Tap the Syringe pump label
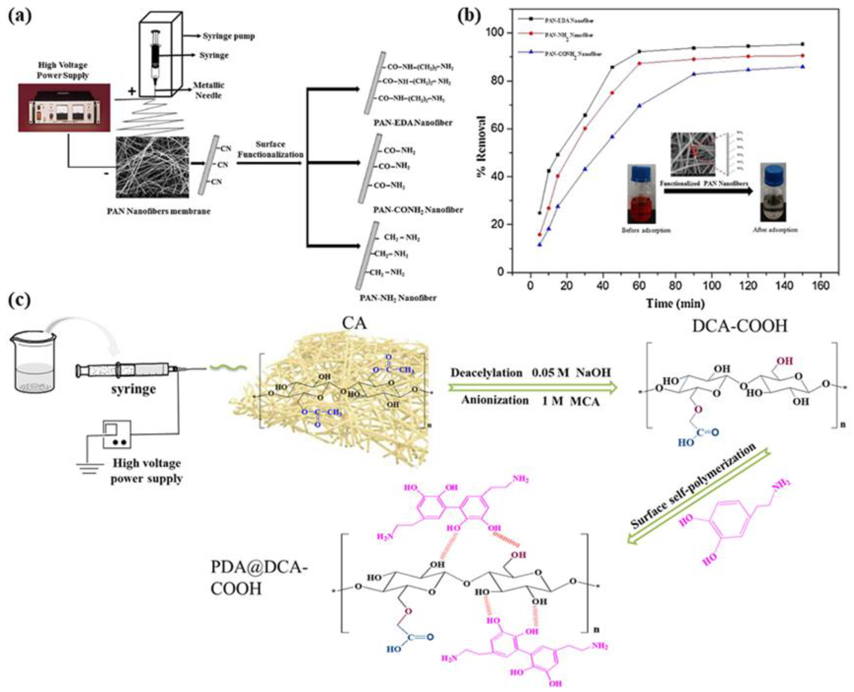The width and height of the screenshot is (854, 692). point(229,36)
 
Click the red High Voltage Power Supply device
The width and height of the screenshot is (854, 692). point(64,108)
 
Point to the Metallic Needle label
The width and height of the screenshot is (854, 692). point(208,90)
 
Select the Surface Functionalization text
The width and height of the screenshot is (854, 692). point(271,149)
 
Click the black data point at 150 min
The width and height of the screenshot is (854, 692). point(802,44)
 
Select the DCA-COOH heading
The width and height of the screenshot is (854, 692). point(739,326)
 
